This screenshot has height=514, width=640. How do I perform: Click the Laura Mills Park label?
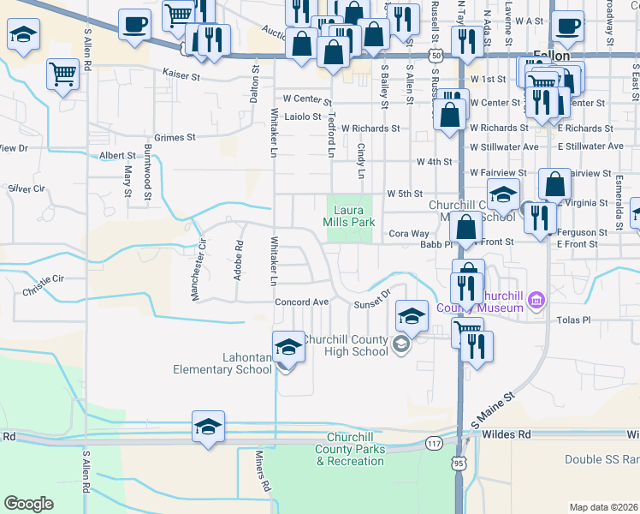click(349, 216)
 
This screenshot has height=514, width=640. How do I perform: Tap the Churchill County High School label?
click(346, 345)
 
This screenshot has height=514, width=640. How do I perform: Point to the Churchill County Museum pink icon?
click(536, 300)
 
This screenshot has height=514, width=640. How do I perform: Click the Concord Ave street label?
click(302, 302)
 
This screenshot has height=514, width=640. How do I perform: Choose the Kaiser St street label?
click(181, 75)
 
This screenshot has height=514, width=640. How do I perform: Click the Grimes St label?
click(175, 137)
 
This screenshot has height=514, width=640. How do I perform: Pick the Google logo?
click(28, 504)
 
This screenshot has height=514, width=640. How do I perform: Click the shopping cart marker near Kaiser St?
click(63, 75)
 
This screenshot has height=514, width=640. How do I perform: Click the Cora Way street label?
click(409, 233)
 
